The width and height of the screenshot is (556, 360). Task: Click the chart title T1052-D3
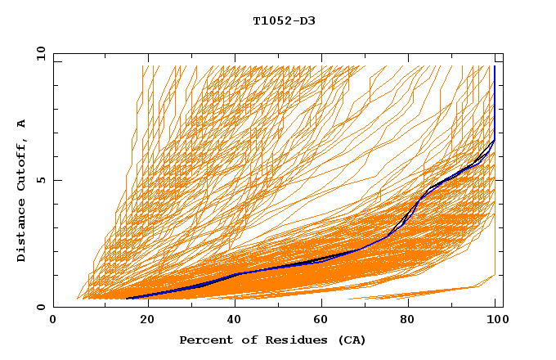(x=284, y=20)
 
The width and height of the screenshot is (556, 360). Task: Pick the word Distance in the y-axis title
(x=21, y=230)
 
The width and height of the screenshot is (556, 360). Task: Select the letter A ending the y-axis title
(x=21, y=124)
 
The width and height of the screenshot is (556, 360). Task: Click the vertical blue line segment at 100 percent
(x=494, y=98)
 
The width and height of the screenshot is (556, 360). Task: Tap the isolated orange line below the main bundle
(x=425, y=292)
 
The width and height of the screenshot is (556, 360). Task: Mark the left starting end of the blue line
(x=128, y=299)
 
